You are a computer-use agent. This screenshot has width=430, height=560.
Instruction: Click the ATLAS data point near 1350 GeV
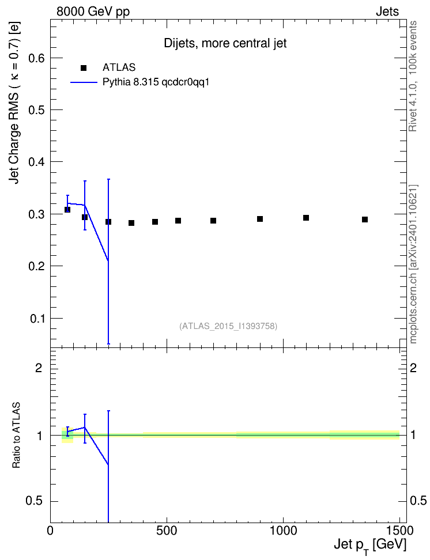coord(365,220)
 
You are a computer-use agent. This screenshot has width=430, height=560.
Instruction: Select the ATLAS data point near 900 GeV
coord(260,218)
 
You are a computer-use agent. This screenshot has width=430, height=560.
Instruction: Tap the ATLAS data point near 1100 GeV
coord(306,218)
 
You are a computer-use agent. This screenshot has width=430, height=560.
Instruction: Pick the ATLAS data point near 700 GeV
coord(213,220)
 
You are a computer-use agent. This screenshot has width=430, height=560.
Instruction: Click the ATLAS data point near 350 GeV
coord(131,223)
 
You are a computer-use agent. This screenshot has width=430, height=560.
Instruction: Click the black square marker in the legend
coord(84,67)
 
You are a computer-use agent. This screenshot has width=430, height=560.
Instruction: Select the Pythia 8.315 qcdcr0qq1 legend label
coord(156,82)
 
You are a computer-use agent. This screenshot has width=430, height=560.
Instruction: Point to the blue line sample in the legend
coord(84,82)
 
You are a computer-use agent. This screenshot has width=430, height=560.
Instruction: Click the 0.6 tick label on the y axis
coord(36,58)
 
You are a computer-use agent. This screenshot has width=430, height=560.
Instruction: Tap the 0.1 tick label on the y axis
coord(37,318)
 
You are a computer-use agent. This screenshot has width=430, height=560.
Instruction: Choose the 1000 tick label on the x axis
coord(283,531)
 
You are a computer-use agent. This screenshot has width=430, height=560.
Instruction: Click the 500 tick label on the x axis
coord(167,531)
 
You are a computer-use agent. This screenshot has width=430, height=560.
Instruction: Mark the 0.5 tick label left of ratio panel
coord(35,501)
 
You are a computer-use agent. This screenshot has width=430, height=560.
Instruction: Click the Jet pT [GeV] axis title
coord(370,546)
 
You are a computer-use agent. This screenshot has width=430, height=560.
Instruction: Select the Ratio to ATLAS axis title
coord(16,435)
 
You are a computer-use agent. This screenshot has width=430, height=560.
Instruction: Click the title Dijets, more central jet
coord(225,43)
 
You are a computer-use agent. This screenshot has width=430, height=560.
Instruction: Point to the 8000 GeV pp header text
coord(93,12)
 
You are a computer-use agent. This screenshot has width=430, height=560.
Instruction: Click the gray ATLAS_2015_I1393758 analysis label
coord(228,326)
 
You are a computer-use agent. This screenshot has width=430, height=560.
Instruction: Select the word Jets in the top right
coord(387,12)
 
